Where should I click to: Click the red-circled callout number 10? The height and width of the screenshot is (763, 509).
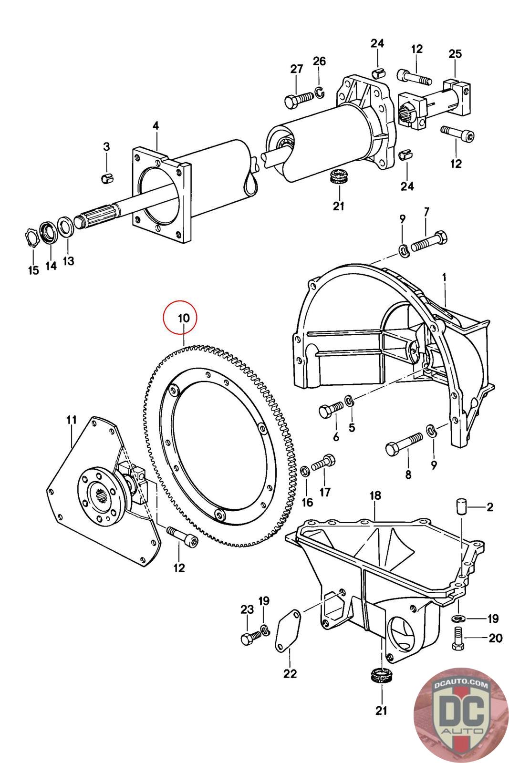(x=184, y=318)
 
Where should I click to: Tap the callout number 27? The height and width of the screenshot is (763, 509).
(x=297, y=69)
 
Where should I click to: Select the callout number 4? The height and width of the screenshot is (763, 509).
(x=156, y=126)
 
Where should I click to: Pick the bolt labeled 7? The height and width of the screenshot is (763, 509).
(x=429, y=243)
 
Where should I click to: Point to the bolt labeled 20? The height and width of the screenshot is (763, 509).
(x=457, y=638)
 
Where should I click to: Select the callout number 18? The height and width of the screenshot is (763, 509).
(x=375, y=495)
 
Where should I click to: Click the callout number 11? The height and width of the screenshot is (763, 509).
(x=71, y=420)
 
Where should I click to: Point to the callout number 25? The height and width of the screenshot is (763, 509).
(x=455, y=54)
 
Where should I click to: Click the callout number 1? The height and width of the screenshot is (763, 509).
(x=444, y=276)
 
